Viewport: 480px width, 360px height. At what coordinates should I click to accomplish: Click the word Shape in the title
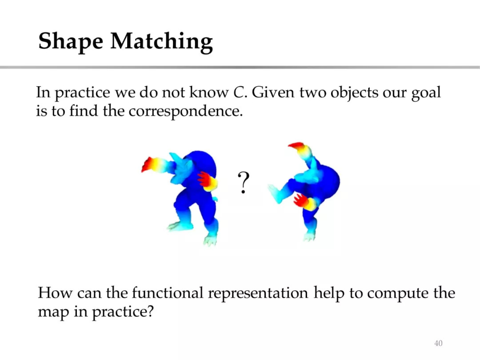(x=71, y=41)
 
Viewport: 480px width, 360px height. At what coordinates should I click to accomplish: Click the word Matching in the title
(x=162, y=41)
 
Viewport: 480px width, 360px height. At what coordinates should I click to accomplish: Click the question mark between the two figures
(x=244, y=183)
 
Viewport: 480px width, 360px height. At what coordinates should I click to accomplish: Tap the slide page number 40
(x=438, y=343)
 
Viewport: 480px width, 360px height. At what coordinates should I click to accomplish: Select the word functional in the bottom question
(x=168, y=293)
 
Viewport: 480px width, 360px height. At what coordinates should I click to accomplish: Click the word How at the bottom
(x=55, y=293)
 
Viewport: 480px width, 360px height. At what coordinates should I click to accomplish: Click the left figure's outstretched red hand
(x=149, y=165)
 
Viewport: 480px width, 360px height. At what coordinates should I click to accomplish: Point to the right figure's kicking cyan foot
(x=276, y=193)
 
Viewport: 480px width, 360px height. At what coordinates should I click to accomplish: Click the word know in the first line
(x=209, y=92)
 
